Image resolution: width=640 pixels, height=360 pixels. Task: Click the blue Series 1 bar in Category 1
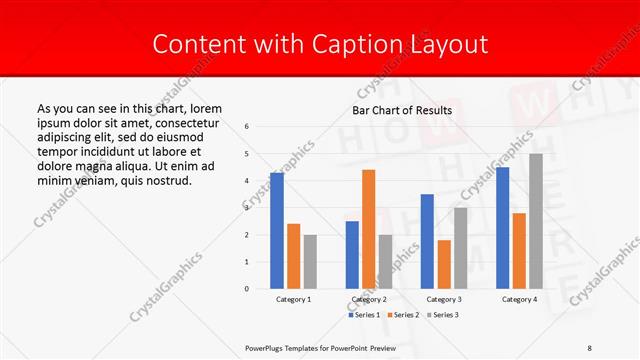[277, 231]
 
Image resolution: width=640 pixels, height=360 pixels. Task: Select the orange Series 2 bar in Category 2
[368, 229]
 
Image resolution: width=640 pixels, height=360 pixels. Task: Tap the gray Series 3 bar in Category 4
[536, 221]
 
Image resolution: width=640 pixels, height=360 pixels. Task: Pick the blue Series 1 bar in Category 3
[427, 241]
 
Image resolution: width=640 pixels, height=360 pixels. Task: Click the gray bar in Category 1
[310, 262]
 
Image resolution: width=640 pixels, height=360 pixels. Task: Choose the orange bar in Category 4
[519, 251]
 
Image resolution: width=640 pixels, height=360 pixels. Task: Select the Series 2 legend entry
[405, 315]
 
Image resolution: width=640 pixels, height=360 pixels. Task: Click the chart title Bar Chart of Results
[402, 110]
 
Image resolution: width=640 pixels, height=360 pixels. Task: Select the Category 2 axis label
[369, 299]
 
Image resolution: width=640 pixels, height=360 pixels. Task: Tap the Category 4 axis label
[519, 299]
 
